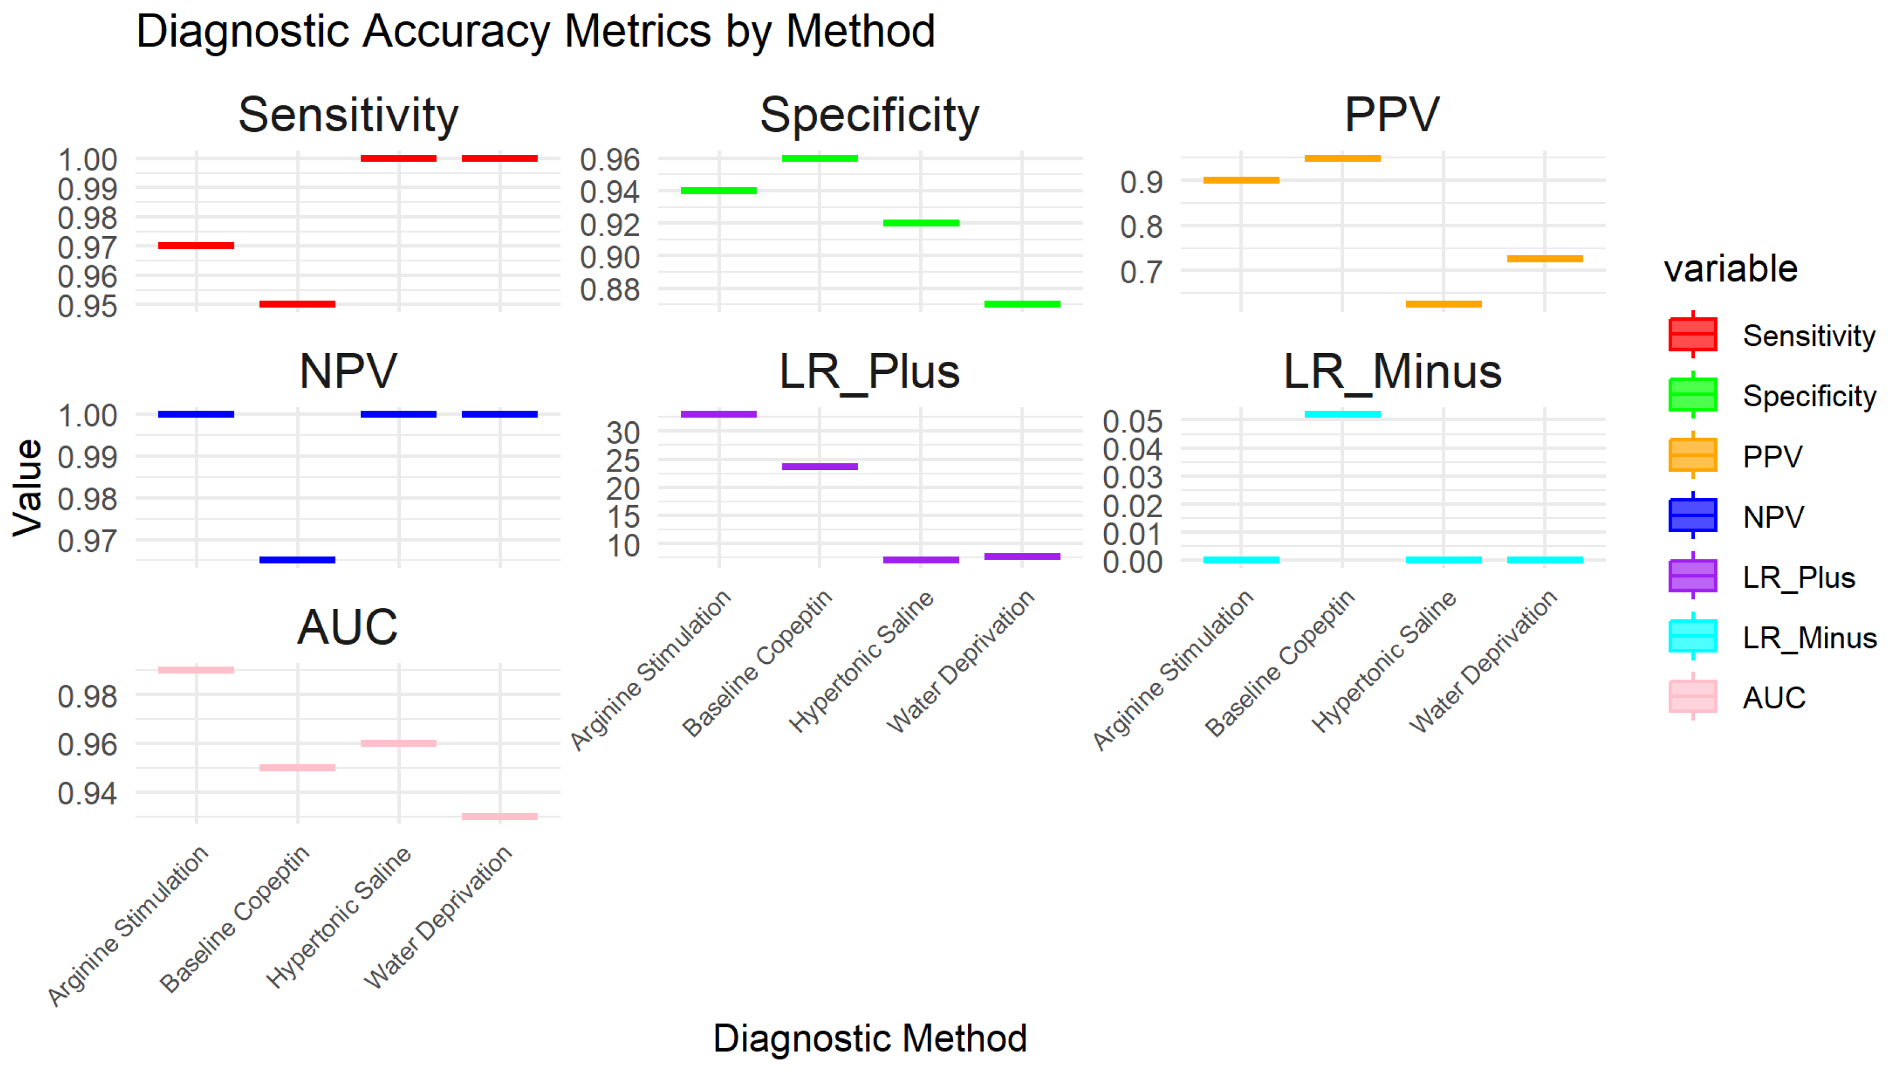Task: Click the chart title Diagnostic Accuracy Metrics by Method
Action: [x=535, y=32]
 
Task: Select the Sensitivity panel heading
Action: [x=348, y=115]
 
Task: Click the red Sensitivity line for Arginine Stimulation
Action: [x=196, y=245]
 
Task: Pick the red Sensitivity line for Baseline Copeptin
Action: [x=297, y=303]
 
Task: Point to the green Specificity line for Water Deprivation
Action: [x=1022, y=303]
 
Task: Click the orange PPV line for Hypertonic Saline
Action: [x=1443, y=303]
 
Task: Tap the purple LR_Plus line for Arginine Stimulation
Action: [x=718, y=414]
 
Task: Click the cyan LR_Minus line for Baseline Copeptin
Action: [x=1342, y=414]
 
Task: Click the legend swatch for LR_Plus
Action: [x=1693, y=576]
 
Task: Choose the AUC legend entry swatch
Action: [x=1693, y=696]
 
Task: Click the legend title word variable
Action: [x=1730, y=268]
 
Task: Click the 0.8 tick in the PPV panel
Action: [x=1141, y=226]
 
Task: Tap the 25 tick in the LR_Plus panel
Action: [x=623, y=461]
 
